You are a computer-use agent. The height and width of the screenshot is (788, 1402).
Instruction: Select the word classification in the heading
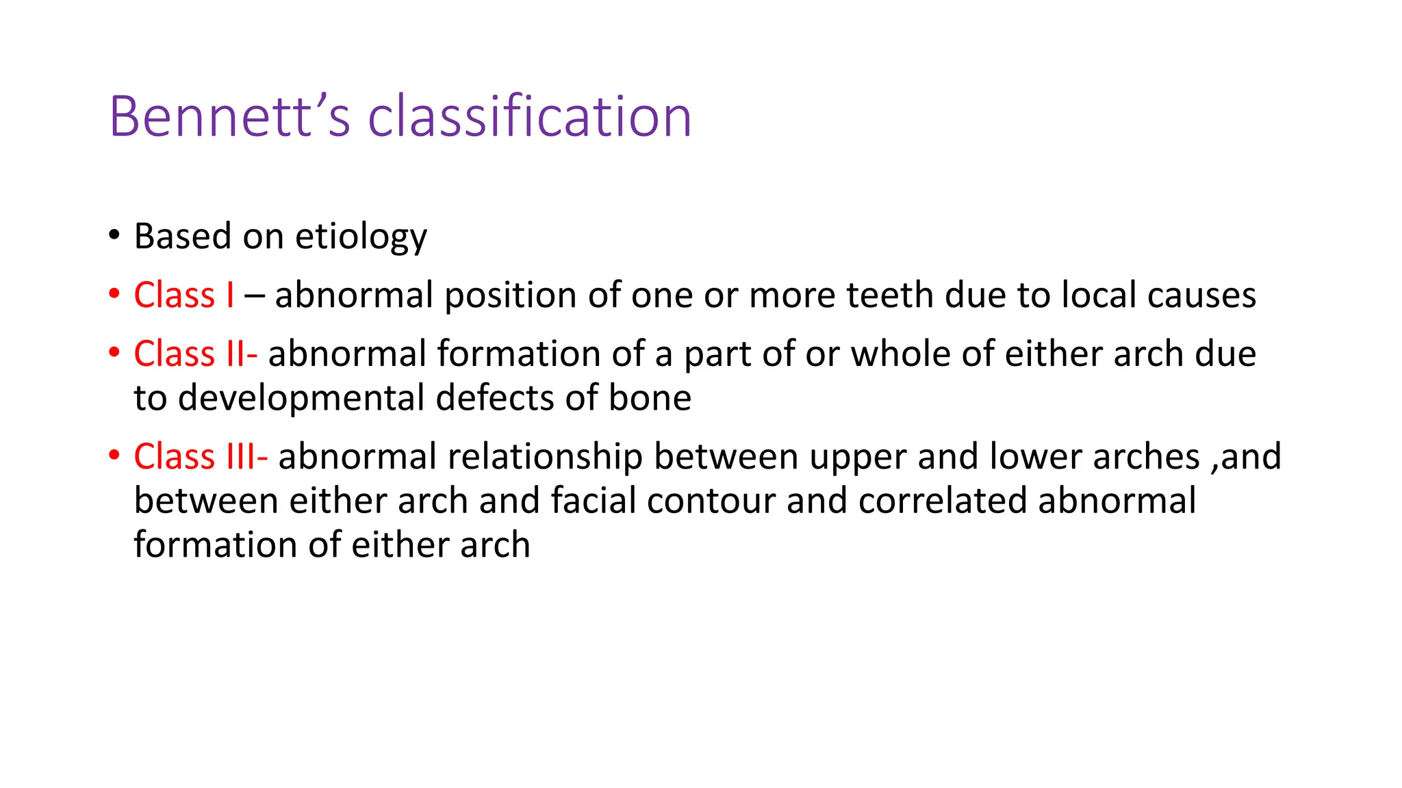point(530,116)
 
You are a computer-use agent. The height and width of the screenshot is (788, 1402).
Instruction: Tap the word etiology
point(361,237)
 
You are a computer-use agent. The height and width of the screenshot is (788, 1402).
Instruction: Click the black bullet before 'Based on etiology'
point(114,235)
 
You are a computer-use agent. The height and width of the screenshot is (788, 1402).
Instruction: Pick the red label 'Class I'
point(184,295)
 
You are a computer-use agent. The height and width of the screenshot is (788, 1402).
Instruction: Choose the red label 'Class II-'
point(195,354)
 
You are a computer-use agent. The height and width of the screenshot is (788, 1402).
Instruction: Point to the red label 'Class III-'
point(201,456)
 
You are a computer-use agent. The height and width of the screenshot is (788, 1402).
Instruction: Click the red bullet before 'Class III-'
point(114,456)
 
